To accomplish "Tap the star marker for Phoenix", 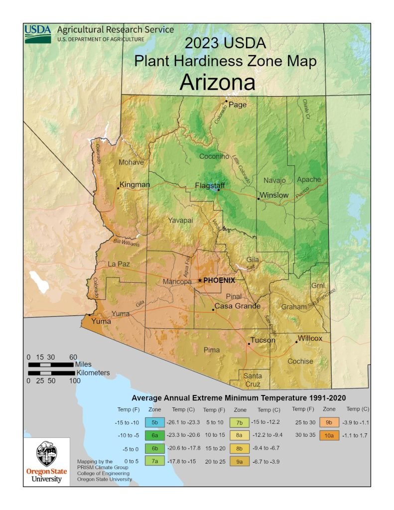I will click(200, 280).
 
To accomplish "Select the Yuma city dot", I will click(90, 315).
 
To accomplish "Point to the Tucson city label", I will click(263, 340).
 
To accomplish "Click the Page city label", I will click(238, 105).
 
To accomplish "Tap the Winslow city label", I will click(274, 195).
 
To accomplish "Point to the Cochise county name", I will click(300, 361).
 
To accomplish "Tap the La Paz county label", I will click(119, 263).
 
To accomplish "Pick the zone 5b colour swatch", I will click(154, 422).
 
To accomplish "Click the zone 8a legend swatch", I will click(240, 435).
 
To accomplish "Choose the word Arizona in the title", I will click(217, 82).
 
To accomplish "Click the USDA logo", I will click(38, 33).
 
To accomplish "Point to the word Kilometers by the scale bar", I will click(93, 373).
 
